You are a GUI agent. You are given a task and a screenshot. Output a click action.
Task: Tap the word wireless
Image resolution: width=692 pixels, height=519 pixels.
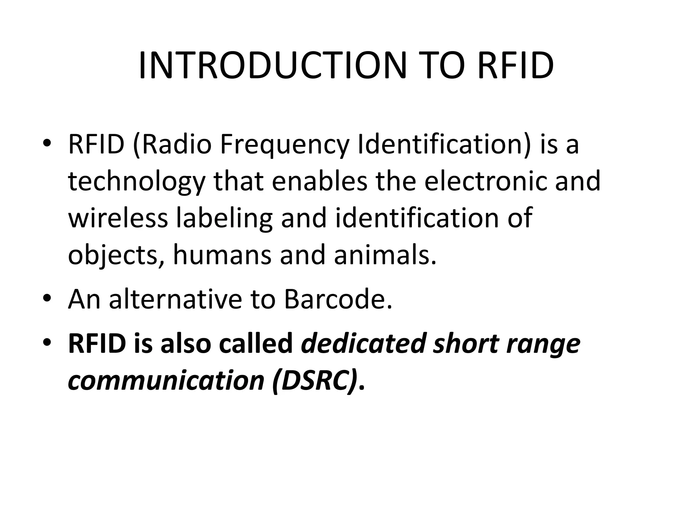(x=118, y=218)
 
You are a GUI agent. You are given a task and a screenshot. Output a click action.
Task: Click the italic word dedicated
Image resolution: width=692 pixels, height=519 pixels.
(x=363, y=344)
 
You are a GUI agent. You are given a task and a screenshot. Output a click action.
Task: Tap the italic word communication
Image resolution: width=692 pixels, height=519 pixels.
(x=166, y=381)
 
